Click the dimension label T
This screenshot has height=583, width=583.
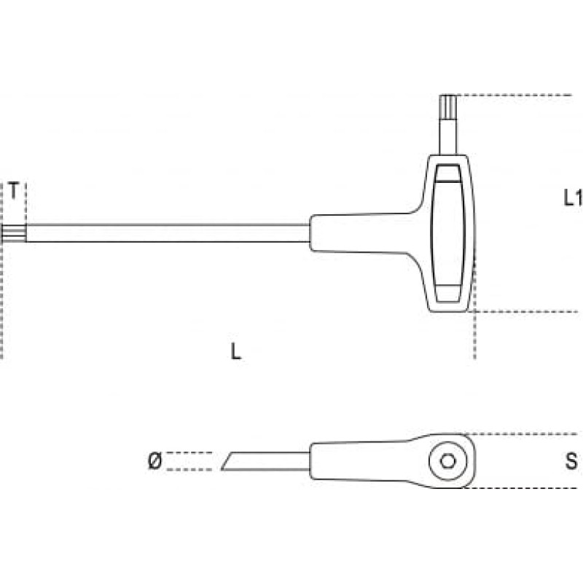13,191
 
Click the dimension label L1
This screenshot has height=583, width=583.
573,197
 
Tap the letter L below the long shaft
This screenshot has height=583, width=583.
235,351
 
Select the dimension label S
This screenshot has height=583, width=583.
571,461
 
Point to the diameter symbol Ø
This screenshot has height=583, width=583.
155,461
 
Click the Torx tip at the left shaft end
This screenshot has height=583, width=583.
13,233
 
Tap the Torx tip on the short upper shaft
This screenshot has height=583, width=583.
448,106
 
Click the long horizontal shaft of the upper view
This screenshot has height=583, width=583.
168,233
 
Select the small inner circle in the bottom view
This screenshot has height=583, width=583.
448,461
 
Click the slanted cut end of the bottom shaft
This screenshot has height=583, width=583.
227,461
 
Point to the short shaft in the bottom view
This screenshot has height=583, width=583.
265,461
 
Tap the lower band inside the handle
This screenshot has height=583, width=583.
449,294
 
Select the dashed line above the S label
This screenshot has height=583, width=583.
520,434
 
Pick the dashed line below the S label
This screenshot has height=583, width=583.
520,488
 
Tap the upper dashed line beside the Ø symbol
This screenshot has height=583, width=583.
189,453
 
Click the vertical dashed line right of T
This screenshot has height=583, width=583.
26,203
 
